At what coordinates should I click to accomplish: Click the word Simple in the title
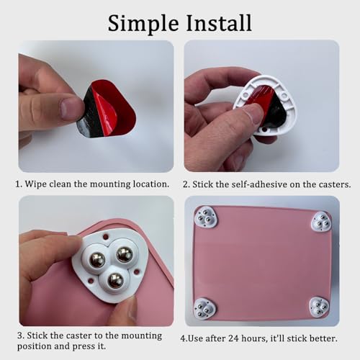(x=143, y=24)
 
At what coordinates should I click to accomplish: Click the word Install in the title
(x=219, y=22)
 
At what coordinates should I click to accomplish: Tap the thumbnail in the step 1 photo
(x=70, y=107)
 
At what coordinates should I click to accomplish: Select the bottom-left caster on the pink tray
(x=204, y=308)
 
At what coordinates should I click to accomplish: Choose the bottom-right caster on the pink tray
(x=319, y=307)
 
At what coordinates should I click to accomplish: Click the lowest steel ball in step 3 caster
(x=116, y=281)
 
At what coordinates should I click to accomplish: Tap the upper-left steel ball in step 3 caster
(x=97, y=259)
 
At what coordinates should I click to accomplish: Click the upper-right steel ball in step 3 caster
(x=125, y=254)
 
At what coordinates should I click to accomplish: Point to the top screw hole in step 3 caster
(x=105, y=237)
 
